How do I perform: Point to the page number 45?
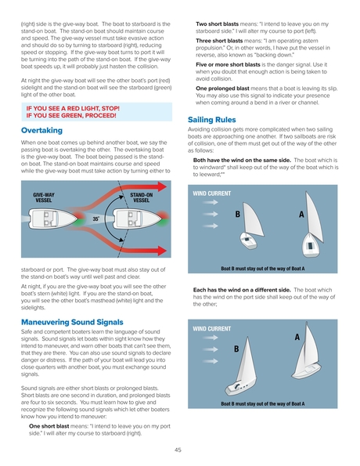178,450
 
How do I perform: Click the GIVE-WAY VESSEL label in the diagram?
44,197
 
